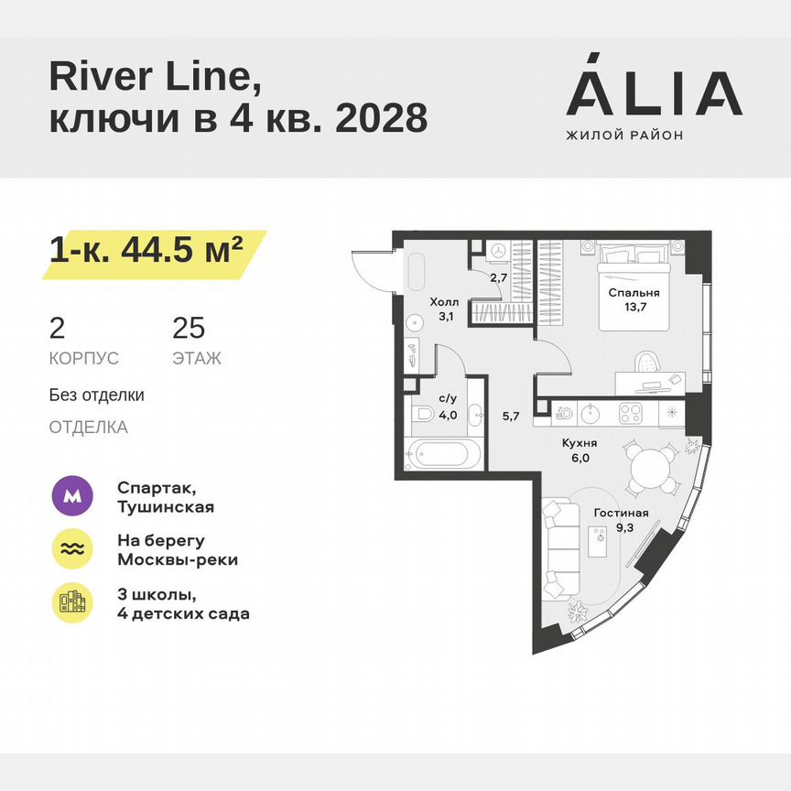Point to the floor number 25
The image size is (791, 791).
point(189,328)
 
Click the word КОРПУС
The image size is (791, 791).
point(84,359)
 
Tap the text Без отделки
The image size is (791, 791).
point(97,395)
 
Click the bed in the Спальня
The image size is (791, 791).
point(635,284)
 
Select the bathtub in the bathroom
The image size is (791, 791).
point(441,454)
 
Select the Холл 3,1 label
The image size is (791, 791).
point(445,309)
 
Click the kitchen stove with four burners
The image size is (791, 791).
point(632,413)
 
